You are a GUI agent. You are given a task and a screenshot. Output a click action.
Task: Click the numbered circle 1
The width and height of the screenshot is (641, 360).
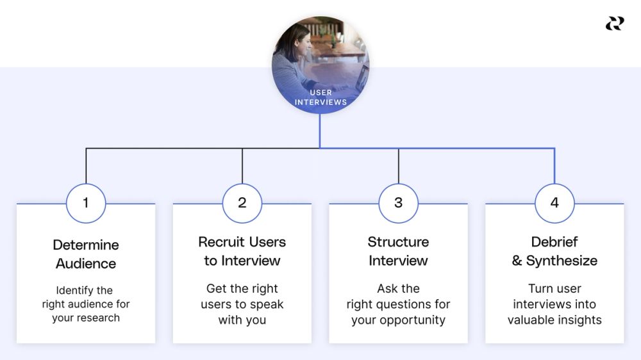point(86,203)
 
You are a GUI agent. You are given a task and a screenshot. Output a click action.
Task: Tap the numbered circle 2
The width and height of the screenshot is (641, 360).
point(242,203)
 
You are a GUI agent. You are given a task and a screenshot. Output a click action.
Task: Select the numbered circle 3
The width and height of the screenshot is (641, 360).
point(399,203)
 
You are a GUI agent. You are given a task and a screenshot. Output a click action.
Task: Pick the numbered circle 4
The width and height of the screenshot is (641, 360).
point(554,203)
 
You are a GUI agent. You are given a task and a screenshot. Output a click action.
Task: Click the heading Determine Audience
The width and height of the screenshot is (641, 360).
point(86,254)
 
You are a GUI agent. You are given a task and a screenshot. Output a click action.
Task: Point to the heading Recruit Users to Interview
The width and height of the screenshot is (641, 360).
point(242,251)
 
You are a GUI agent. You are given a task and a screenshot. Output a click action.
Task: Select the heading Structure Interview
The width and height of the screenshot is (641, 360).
point(398,251)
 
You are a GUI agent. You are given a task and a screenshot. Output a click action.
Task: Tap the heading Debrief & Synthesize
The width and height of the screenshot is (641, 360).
point(554,251)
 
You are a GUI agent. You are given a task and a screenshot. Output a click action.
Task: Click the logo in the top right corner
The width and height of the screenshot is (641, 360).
point(615,24)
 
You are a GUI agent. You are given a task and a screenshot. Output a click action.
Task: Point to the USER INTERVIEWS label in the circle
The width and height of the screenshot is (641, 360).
point(320,97)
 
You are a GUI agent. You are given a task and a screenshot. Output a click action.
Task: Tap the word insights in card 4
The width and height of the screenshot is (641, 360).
point(580,320)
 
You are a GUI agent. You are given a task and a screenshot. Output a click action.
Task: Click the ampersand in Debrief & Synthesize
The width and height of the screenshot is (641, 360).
point(517,261)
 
